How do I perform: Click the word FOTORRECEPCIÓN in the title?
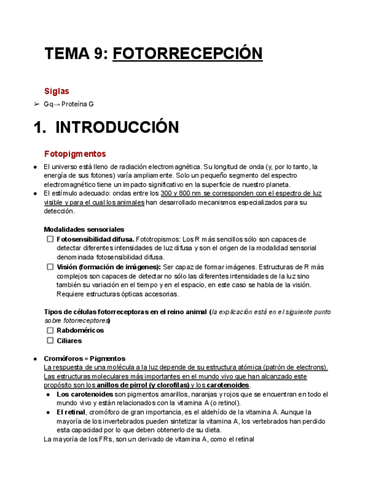188,54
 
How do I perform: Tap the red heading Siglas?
57,91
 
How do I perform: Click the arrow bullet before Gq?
36,105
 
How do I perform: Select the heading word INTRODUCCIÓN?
117,127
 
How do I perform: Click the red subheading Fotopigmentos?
75,154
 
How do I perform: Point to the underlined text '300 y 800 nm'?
180,194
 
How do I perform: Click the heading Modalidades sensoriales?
84,229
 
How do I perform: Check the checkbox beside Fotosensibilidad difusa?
50,239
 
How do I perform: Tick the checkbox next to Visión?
50,266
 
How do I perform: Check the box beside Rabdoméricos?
50,330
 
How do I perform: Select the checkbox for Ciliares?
50,341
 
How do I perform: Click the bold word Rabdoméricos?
80,330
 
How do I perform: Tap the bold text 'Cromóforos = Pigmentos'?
84,358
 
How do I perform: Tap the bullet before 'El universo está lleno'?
36,167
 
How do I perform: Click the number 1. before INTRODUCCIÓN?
40,127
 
